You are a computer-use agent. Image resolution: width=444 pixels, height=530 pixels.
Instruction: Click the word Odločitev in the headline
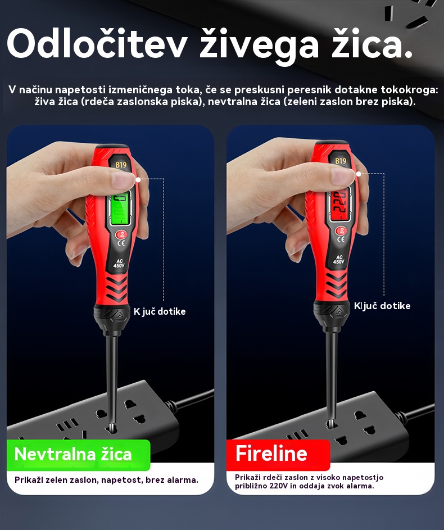point(97,44)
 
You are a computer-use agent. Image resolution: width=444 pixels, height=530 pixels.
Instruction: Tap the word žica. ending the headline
point(372,43)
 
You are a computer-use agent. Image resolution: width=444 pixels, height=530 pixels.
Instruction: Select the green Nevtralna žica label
point(78,455)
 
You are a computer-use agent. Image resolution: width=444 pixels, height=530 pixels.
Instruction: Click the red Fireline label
point(278,454)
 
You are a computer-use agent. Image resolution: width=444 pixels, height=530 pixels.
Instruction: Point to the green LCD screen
point(120,209)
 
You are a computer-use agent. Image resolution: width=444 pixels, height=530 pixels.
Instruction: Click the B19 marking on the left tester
point(121,165)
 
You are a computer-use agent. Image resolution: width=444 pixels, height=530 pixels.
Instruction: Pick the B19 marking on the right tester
point(341,161)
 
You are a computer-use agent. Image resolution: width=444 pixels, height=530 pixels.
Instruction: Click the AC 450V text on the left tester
point(119,264)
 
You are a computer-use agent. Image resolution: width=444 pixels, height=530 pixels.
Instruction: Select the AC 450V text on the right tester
point(338,260)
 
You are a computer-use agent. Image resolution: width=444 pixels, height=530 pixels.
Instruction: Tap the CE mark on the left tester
point(121,243)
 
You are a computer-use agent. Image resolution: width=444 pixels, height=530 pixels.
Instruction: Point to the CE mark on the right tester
point(341,239)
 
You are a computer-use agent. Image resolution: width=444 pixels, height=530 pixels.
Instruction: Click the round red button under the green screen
point(121,234)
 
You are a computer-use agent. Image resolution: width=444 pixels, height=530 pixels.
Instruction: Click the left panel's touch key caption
point(160,311)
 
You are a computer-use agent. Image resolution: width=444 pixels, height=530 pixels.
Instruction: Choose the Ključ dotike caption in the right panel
point(382,306)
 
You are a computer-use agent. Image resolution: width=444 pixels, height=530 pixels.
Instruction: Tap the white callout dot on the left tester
point(138,180)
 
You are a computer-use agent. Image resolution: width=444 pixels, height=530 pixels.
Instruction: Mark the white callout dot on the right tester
point(359,174)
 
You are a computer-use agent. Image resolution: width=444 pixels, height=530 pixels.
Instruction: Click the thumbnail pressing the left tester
point(123,179)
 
